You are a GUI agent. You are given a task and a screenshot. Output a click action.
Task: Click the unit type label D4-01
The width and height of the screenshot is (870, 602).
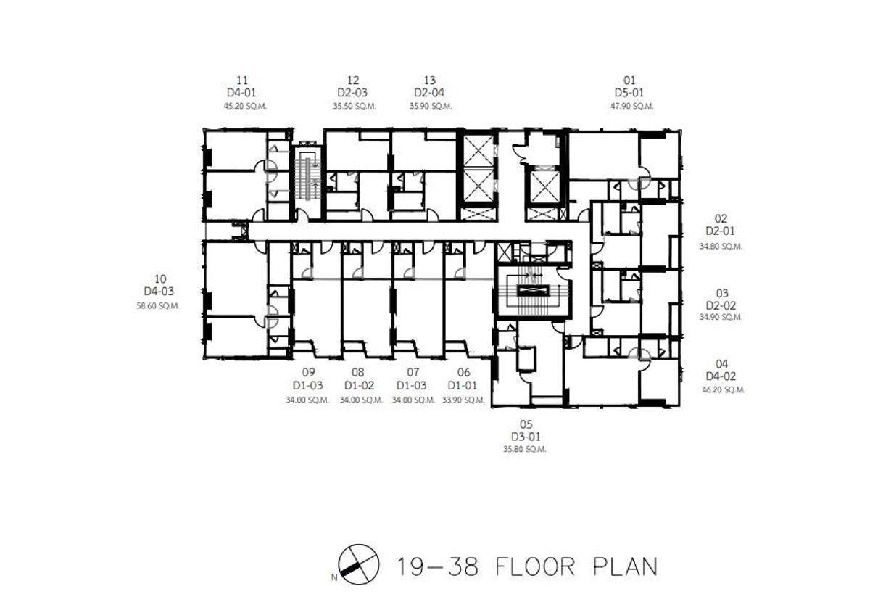241,93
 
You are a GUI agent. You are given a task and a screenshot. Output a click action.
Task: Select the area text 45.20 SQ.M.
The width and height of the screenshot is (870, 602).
245,106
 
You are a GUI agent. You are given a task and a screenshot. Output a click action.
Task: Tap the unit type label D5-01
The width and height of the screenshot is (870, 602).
629,93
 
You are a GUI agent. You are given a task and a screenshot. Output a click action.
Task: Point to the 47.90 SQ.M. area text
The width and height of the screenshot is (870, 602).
632,106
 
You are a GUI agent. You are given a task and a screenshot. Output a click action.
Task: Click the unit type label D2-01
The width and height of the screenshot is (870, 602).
721,231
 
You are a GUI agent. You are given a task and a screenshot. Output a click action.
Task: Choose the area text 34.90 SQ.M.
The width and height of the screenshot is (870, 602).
721,317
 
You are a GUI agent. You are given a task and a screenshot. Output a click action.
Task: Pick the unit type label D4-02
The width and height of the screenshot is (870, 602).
721,376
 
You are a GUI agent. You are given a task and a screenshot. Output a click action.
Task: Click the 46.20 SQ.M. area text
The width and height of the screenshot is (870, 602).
724,389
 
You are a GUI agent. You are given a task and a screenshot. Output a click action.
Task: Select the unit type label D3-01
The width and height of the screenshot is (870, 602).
526,437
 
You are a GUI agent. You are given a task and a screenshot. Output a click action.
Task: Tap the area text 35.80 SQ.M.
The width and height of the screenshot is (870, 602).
525,449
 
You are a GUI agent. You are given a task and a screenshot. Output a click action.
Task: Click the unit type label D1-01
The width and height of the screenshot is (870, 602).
463,386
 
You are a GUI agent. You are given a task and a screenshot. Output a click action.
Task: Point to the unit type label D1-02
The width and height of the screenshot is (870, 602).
360,386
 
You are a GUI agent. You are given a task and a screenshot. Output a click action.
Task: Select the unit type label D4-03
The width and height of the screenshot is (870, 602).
159,292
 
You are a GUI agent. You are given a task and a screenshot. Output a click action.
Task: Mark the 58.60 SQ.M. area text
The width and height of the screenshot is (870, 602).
158,306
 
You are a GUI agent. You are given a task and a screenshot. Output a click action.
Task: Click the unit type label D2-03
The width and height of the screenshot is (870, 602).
352,93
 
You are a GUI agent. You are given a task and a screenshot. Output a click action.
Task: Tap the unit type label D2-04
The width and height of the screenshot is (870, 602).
429,93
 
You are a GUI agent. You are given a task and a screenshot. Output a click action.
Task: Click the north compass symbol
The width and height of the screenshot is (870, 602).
358,564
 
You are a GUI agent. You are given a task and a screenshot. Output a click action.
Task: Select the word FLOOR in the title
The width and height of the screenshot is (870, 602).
535,566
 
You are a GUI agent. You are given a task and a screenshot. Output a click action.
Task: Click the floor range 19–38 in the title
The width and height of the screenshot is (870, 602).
437,566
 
